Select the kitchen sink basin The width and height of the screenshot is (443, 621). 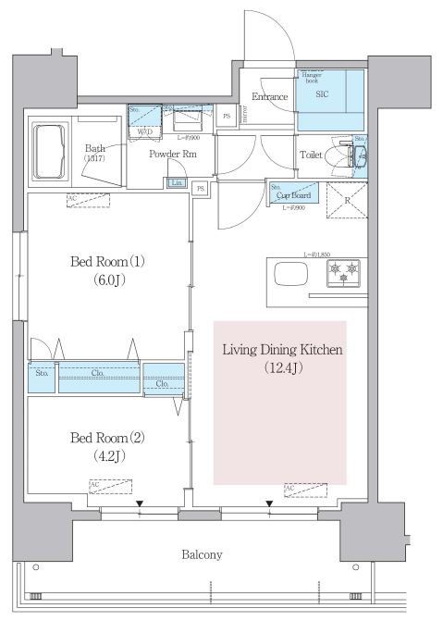click(289, 275)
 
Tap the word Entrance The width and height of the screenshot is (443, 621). click(269, 96)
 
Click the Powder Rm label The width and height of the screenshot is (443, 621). click(174, 154)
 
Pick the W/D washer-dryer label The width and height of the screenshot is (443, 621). click(145, 132)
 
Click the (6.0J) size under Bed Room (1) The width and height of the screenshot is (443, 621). click(107, 279)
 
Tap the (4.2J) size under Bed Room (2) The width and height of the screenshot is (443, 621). click(107, 454)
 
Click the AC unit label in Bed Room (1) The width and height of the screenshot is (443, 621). click(72, 199)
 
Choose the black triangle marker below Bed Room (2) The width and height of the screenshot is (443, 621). click(140, 503)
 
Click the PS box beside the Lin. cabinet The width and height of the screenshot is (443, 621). click(201, 189)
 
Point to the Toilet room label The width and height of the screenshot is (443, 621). click(311, 156)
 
